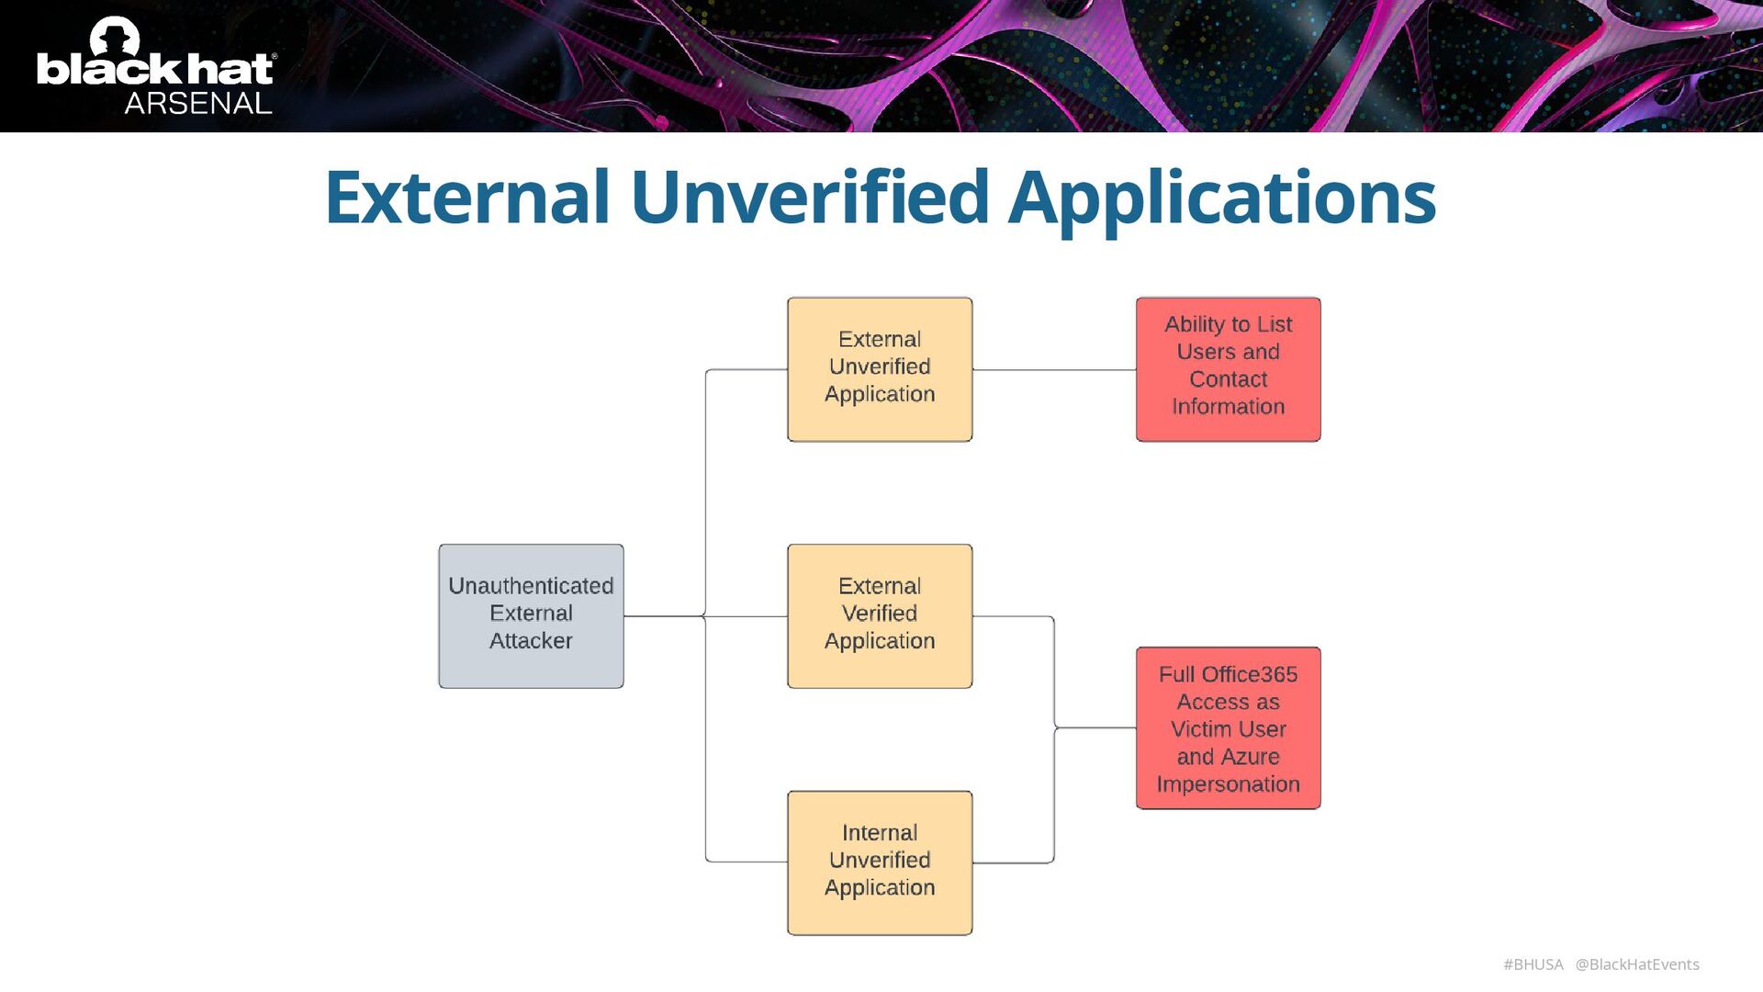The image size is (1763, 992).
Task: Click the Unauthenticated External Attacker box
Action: coord(531,615)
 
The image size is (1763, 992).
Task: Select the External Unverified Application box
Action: coord(879,369)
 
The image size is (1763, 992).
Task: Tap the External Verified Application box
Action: coord(879,615)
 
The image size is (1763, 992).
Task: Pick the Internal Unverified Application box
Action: coord(879,862)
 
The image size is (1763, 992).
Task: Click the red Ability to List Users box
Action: coord(1228,369)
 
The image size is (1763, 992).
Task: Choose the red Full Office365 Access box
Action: coord(1228,727)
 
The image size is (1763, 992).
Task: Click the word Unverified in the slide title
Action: coord(809,197)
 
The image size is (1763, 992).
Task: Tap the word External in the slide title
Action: coord(467,197)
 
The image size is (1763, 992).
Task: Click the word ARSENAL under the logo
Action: coord(198,103)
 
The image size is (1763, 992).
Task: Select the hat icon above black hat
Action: coord(115,38)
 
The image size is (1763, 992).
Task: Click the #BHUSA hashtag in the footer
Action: coord(1533,964)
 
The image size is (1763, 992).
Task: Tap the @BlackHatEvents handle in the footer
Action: coord(1637,964)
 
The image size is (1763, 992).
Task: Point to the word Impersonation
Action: coord(1228,784)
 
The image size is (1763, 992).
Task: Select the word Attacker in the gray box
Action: coord(531,641)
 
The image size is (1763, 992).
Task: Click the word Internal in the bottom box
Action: coord(879,833)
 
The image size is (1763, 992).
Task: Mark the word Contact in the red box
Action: coord(1228,379)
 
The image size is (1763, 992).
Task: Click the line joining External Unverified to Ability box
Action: coord(1053,370)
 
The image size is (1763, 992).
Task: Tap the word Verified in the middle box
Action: coord(879,614)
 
